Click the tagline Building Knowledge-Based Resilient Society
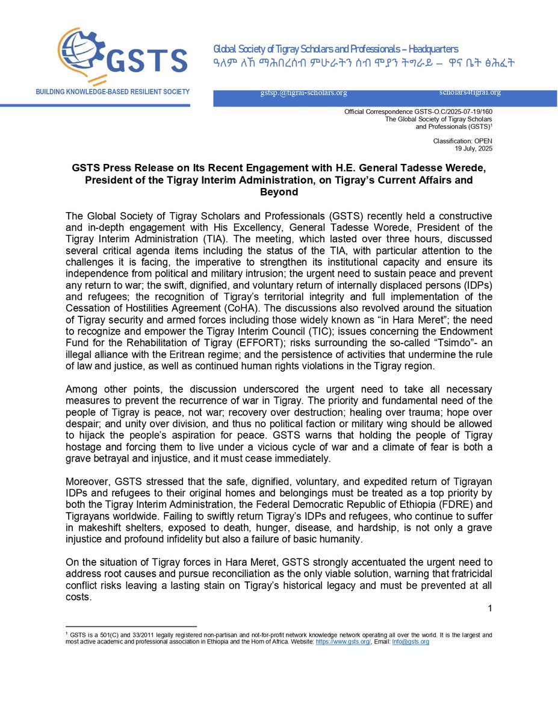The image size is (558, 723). pos(113,92)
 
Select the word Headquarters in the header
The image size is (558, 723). pos(429,49)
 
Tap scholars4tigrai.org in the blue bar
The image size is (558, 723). pos(470,92)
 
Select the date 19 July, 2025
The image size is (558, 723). pos(474,148)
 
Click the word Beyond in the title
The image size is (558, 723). pos(279,192)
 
